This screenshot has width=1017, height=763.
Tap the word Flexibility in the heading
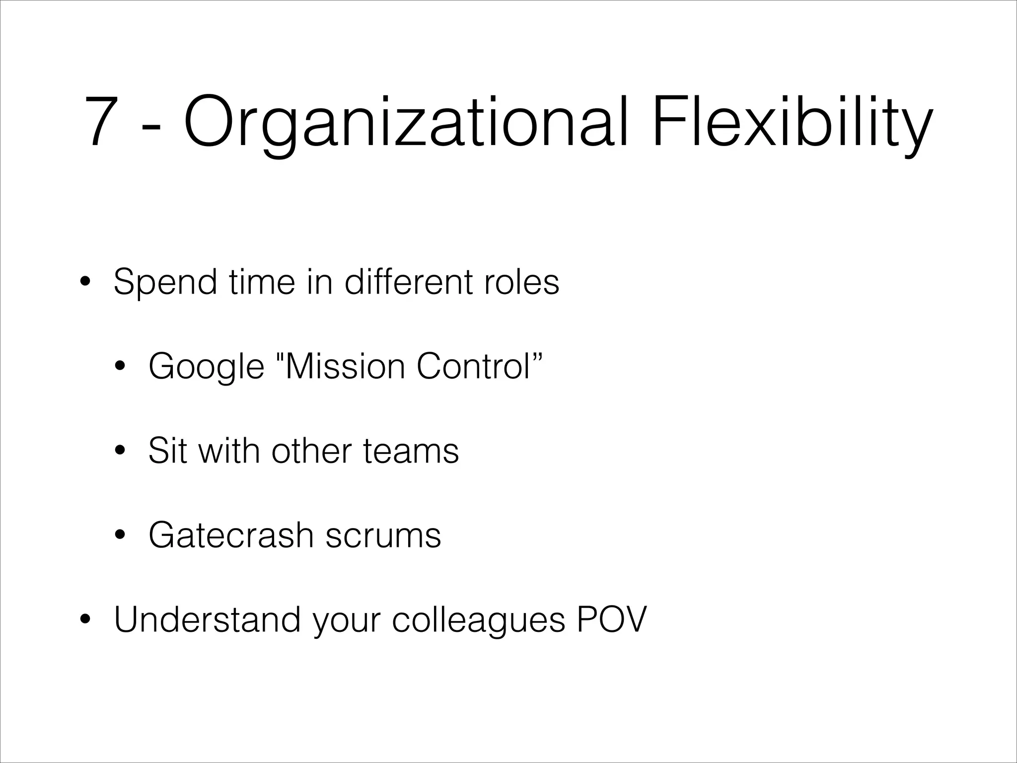pyautogui.click(x=793, y=121)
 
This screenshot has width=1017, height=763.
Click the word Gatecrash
pyautogui.click(x=231, y=535)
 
